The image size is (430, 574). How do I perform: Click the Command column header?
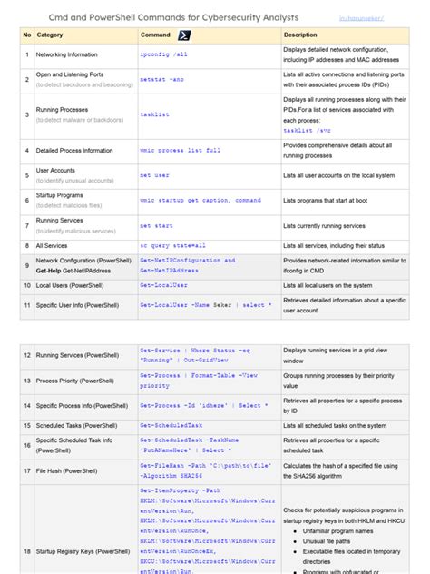pyautogui.click(x=157, y=35)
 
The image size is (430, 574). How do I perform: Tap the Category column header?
pyautogui.click(x=50, y=35)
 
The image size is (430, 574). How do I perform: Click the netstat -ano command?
pyautogui.click(x=161, y=80)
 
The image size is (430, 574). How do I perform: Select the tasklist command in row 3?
pyautogui.click(x=155, y=114)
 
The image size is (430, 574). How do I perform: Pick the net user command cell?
pyautogui.click(x=155, y=173)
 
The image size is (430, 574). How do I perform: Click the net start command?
pyautogui.click(x=157, y=223)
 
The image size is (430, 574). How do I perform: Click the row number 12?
pyautogui.click(x=26, y=354)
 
